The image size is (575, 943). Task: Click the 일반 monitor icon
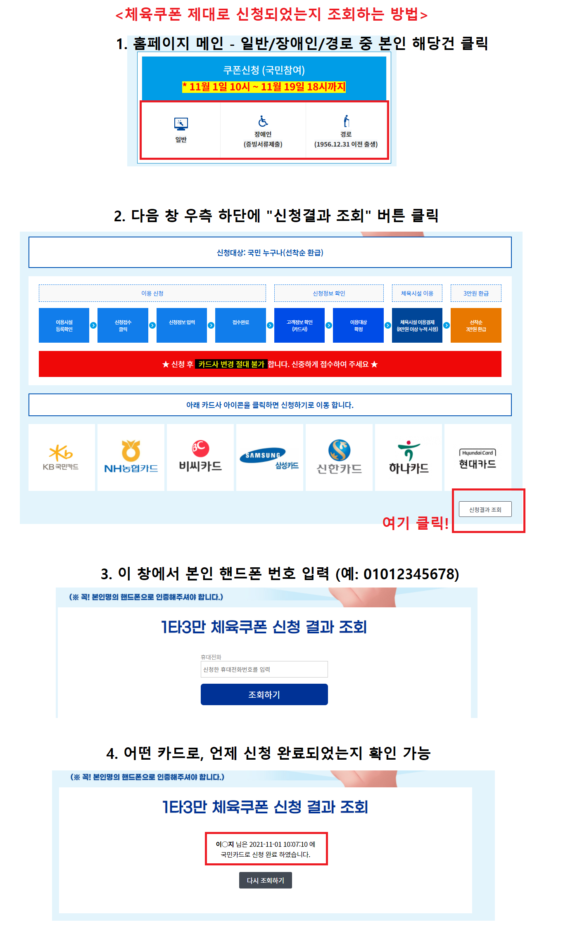[x=181, y=124]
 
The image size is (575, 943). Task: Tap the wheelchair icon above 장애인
[x=263, y=121]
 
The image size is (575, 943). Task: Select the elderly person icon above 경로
[x=346, y=121]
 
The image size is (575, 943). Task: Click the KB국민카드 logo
[x=61, y=457]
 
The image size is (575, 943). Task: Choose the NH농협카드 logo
[x=131, y=457]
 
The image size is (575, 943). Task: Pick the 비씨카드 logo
[x=200, y=457]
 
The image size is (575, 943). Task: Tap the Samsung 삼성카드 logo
[x=269, y=457]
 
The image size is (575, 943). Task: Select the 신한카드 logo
[x=339, y=457]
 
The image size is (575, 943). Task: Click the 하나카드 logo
[x=409, y=457]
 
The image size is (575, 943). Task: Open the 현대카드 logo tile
[x=478, y=457]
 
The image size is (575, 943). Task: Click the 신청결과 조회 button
[x=485, y=509]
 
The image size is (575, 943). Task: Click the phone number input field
[x=264, y=669]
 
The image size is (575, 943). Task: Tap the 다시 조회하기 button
[x=265, y=880]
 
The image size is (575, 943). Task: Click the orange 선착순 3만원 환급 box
[x=476, y=325]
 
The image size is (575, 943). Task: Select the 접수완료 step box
[x=240, y=325]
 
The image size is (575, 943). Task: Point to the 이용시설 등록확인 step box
[x=64, y=325]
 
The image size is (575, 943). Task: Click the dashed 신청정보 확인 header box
[x=329, y=293]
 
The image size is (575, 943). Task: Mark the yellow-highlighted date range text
[x=264, y=87]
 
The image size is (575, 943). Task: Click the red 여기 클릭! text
[x=415, y=523]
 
